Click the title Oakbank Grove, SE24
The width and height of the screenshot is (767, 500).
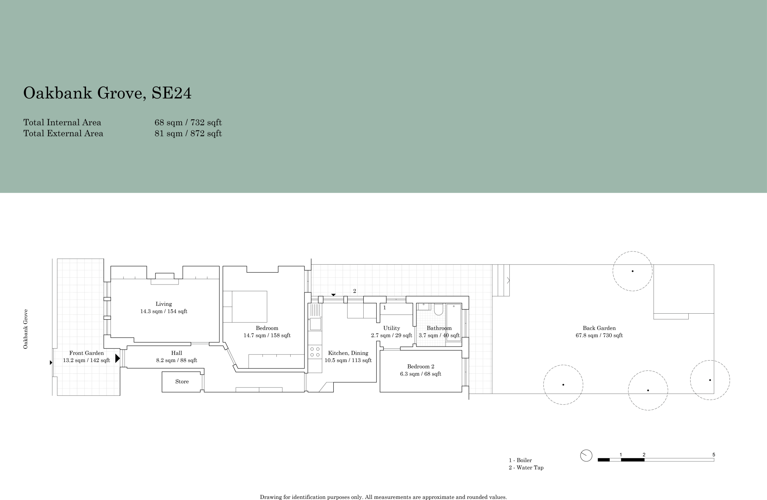pyautogui.click(x=107, y=93)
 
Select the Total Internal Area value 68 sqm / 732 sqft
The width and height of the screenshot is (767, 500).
pyautogui.click(x=188, y=123)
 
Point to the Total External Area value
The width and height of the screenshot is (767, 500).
pyautogui.click(x=188, y=133)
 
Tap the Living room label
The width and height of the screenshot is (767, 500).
pyautogui.click(x=164, y=304)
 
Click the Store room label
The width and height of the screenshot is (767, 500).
pyautogui.click(x=182, y=382)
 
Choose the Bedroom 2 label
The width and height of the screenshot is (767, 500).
pyautogui.click(x=421, y=367)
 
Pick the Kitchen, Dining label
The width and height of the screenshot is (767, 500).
pyautogui.click(x=348, y=353)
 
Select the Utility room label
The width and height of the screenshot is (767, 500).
pyautogui.click(x=391, y=328)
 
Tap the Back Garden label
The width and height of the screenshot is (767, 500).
pyautogui.click(x=599, y=328)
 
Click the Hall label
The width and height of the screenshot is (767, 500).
pyautogui.click(x=177, y=353)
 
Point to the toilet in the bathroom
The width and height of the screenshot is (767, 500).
pyautogui.click(x=439, y=310)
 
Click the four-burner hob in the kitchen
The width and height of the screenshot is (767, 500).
pyautogui.click(x=315, y=352)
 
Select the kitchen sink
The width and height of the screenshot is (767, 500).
pyautogui.click(x=315, y=323)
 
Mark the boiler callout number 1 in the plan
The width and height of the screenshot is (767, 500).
pyautogui.click(x=385, y=308)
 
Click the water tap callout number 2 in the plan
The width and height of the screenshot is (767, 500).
pyautogui.click(x=354, y=291)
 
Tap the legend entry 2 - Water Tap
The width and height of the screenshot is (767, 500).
pyautogui.click(x=526, y=468)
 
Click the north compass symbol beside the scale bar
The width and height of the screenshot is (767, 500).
pyautogui.click(x=586, y=456)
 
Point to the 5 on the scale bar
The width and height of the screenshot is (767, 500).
pyautogui.click(x=713, y=455)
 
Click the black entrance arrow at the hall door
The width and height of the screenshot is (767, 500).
pyautogui.click(x=117, y=358)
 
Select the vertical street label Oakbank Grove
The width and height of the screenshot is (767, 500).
pyautogui.click(x=26, y=329)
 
